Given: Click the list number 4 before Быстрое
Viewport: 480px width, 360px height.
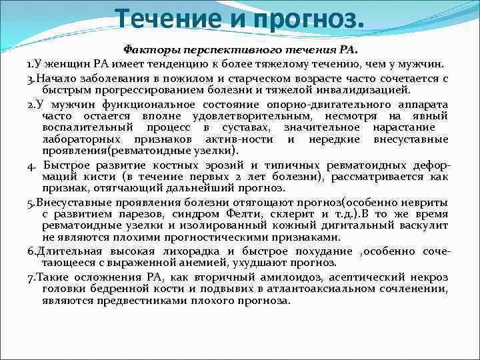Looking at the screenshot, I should pyautogui.click(x=31, y=165).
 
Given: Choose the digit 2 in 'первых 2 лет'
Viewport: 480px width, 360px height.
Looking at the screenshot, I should pyautogui.click(x=295, y=176).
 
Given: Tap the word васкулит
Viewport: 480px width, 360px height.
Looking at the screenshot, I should pyautogui.click(x=424, y=225).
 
